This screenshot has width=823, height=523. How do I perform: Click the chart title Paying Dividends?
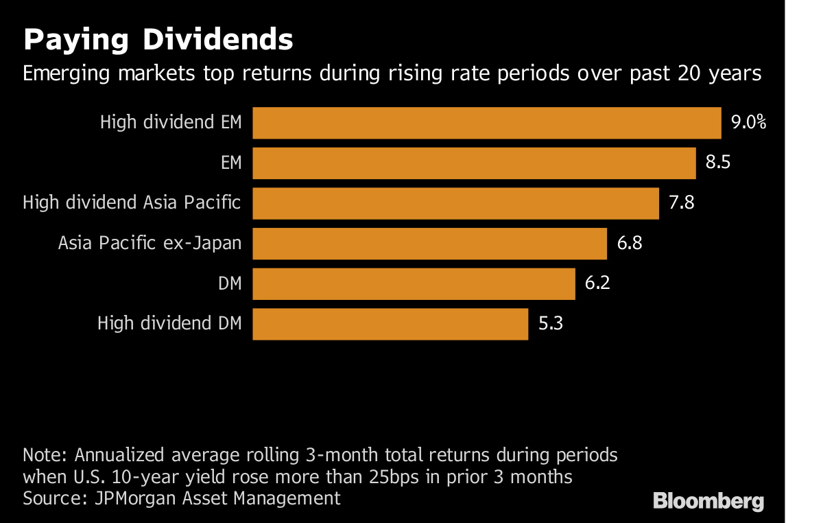click(158, 40)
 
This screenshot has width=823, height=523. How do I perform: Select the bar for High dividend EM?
click(486, 123)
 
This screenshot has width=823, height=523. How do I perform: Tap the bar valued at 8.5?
click(474, 163)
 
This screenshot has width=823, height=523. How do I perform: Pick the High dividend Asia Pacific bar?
click(455, 203)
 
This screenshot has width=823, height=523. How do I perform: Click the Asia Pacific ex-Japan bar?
click(429, 244)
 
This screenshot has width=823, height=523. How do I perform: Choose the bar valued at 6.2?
click(414, 283)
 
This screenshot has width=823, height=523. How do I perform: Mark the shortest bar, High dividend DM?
click(390, 324)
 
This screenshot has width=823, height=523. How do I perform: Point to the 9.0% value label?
click(748, 124)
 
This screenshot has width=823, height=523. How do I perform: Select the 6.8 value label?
click(629, 244)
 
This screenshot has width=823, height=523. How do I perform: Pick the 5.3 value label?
click(550, 324)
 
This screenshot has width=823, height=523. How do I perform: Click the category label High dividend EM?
click(171, 124)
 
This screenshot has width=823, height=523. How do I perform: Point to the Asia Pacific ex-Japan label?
click(150, 244)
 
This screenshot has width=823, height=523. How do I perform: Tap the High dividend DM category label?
click(169, 323)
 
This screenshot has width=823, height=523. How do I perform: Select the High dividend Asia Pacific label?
click(132, 203)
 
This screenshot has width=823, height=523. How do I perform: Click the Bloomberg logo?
click(708, 501)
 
